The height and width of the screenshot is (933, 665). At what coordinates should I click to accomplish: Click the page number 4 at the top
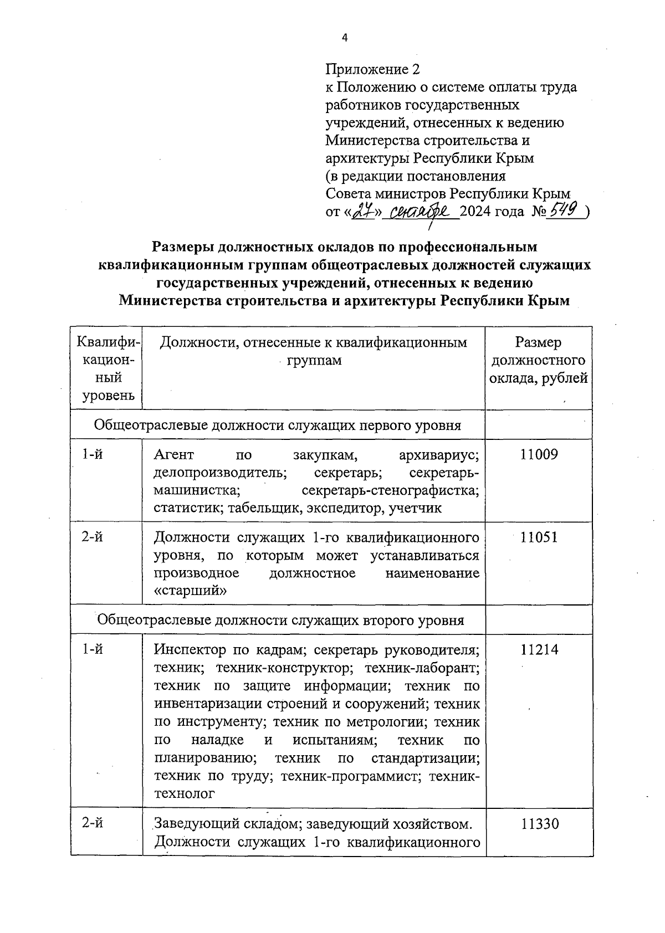tap(345, 38)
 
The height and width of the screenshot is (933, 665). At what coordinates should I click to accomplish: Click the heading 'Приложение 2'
tap(372, 69)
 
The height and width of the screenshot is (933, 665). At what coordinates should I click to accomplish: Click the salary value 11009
tap(539, 455)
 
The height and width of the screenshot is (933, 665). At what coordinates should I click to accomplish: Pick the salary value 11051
tap(539, 537)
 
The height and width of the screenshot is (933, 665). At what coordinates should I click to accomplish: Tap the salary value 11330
tap(539, 824)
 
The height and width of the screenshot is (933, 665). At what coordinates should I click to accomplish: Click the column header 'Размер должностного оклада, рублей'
tap(539, 360)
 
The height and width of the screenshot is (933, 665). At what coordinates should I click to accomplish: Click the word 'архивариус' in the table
tap(438, 455)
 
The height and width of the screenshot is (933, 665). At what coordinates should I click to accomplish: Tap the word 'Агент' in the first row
tap(174, 455)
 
